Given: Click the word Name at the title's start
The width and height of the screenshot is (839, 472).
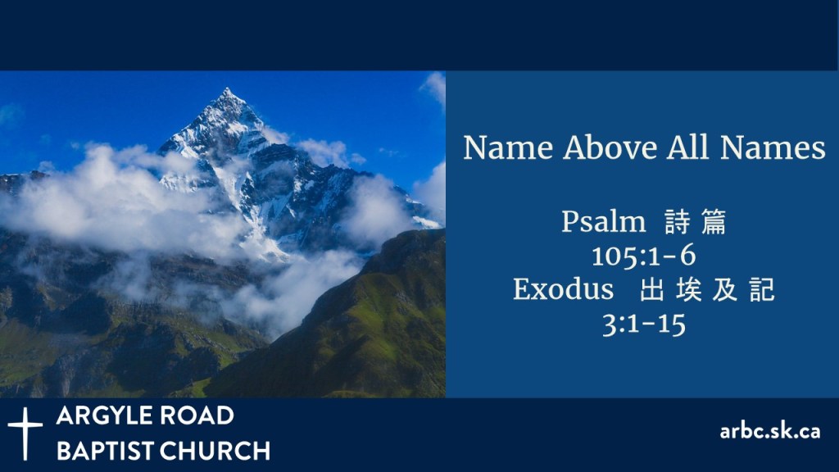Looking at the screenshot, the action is click(x=508, y=147).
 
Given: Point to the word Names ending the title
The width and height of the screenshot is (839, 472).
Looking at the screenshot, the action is click(x=773, y=147).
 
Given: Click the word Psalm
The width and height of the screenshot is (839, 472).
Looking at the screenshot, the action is click(x=604, y=222).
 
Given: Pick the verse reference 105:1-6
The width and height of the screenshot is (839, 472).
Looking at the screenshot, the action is click(x=644, y=256).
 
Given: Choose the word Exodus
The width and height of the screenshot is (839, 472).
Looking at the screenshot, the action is click(x=564, y=289).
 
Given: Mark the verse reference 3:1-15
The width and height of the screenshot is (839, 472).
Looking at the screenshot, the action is click(x=644, y=324).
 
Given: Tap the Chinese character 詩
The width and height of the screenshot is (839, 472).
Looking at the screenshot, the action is click(x=678, y=222).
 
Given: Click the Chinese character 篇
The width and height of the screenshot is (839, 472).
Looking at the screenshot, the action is click(x=714, y=222).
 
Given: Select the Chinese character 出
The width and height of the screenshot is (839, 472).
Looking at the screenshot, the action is click(x=652, y=289).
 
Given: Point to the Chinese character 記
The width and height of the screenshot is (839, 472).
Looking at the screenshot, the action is click(x=762, y=289).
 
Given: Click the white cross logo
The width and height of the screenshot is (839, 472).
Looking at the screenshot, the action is click(x=25, y=433).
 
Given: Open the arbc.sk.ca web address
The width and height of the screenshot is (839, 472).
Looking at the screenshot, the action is click(x=770, y=431).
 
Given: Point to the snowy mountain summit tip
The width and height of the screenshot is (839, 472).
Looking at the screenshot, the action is click(x=227, y=88).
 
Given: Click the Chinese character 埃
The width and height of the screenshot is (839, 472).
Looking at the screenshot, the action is click(x=688, y=289).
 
